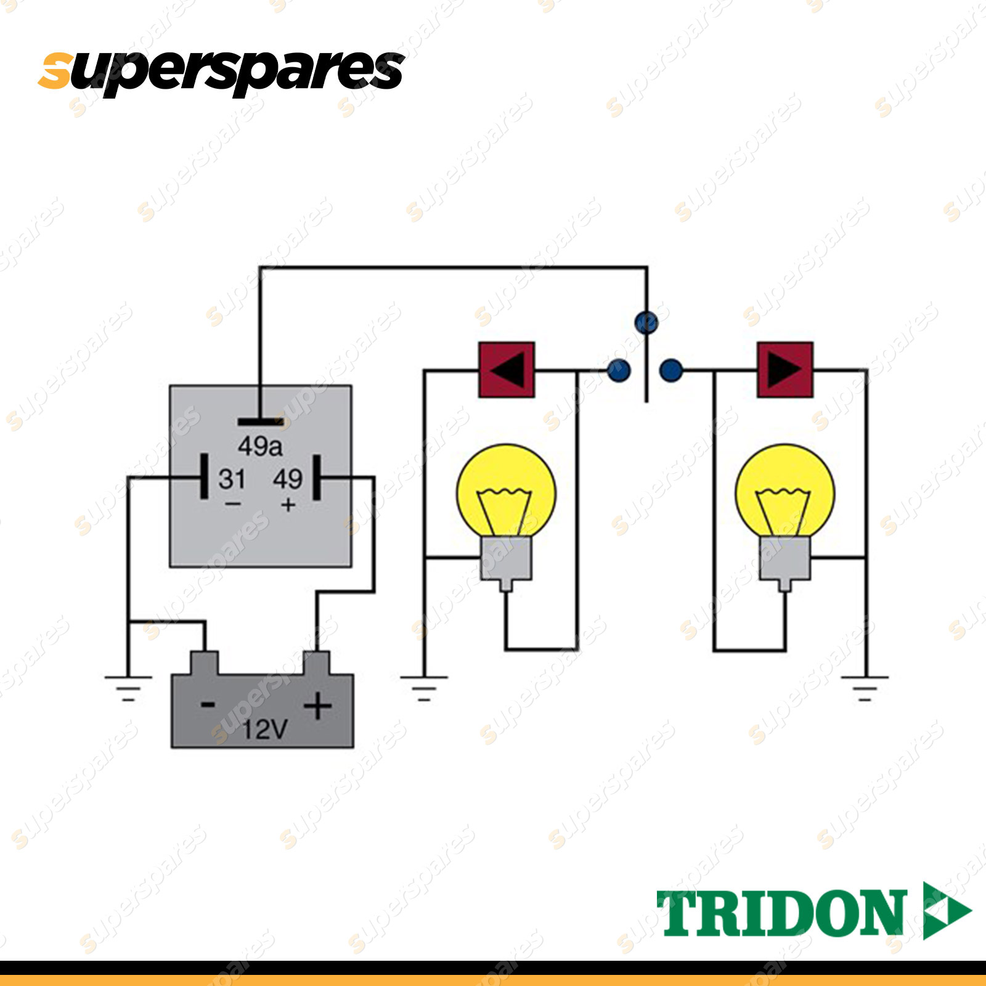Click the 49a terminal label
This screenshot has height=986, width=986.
[x=260, y=446]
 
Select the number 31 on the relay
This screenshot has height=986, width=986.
[x=232, y=479]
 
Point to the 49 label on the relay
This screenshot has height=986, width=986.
[x=288, y=479]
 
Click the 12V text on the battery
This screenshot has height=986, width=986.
[x=264, y=730]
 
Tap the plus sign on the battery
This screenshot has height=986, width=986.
[x=318, y=706]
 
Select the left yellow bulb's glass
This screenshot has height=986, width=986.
[x=506, y=490]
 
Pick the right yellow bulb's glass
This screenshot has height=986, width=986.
[x=784, y=490]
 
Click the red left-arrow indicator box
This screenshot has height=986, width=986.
[x=507, y=370]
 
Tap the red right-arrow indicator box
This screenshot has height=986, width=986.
[x=784, y=370]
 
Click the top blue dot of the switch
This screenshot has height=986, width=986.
[x=646, y=322]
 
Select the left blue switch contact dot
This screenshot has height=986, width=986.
[x=619, y=370]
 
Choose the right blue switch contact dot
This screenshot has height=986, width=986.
[x=671, y=370]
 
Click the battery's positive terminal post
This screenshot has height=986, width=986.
[x=316, y=663]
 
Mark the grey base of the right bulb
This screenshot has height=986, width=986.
[x=784, y=558]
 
